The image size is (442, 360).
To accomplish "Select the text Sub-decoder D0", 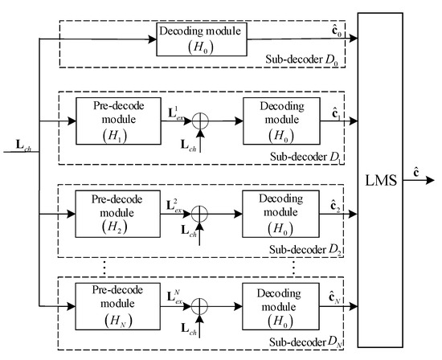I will (x=310, y=60).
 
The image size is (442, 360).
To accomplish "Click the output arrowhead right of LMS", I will (x=434, y=182).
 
